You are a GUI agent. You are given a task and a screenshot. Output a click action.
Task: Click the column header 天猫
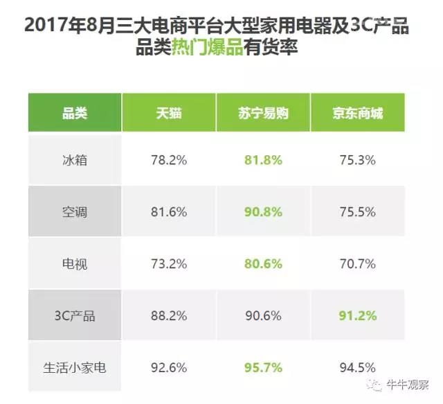168,113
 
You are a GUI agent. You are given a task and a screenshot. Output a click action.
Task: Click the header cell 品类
75,113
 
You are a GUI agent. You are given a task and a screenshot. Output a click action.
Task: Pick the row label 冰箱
75,160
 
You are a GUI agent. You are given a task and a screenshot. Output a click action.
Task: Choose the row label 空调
75,212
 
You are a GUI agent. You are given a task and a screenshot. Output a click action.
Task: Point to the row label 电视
75,264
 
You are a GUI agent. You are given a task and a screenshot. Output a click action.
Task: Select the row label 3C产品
75,316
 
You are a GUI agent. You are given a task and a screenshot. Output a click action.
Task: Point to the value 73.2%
168,264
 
